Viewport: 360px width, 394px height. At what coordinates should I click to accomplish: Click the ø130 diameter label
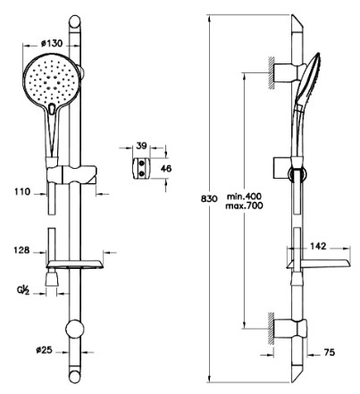pyautogui.click(x=52, y=44)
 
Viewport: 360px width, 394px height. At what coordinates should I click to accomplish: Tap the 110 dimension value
pyautogui.click(x=22, y=191)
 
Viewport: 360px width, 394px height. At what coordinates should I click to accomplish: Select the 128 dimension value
pyautogui.click(x=21, y=250)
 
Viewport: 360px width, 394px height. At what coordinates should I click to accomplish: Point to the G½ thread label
pyautogui.click(x=22, y=289)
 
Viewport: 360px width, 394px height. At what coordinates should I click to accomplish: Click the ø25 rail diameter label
pyautogui.click(x=44, y=349)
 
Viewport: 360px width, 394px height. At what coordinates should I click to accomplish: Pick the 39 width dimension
pyautogui.click(x=141, y=146)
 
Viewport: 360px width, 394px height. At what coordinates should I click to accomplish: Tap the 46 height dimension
pyautogui.click(x=166, y=169)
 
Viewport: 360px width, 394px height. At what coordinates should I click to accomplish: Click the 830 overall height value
pyautogui.click(x=209, y=198)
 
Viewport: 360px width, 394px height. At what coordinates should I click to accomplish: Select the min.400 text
pyautogui.click(x=244, y=197)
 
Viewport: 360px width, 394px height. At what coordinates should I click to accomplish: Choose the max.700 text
pyautogui.click(x=244, y=205)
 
